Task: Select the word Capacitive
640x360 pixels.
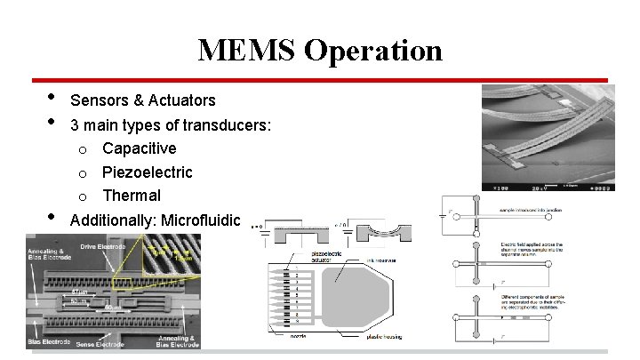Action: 139,148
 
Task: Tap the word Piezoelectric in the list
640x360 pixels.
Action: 147,172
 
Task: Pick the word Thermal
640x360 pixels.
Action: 131,196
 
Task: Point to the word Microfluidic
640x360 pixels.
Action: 198,219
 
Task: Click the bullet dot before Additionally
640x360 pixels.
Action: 51,217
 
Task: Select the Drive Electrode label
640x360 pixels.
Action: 104,244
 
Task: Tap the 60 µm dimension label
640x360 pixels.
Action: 112,307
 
